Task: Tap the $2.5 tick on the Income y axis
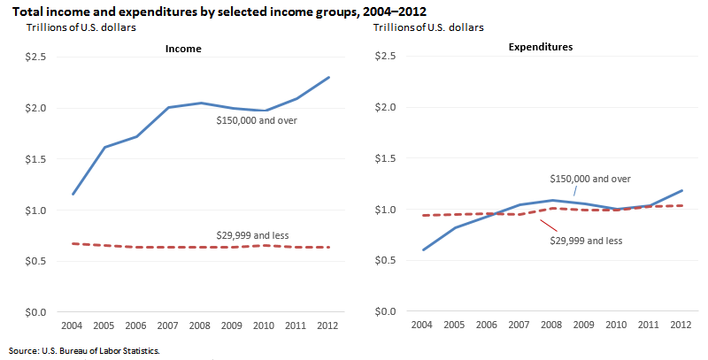pos(43,57)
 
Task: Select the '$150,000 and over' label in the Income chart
pos(257,119)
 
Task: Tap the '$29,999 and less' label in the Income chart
pos(253,234)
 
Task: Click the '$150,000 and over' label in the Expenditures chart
pos(590,178)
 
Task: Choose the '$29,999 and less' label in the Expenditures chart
pos(587,241)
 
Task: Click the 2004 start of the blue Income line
pos(73,194)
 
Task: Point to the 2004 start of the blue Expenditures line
pos(424,249)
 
